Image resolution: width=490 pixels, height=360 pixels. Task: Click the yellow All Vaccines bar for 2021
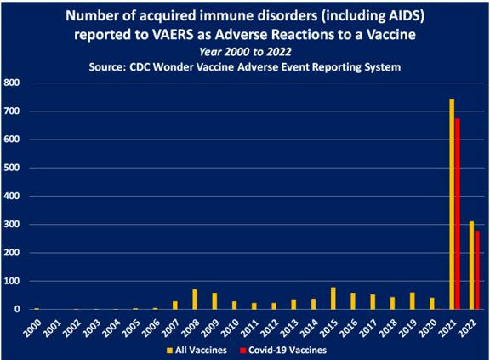click(x=452, y=204)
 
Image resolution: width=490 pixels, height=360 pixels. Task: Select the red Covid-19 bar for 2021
click(x=458, y=214)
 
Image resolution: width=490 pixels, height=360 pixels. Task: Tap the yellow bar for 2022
click(x=471, y=266)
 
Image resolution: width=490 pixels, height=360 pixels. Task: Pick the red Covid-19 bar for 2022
click(x=477, y=271)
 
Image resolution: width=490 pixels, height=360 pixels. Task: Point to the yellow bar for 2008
click(x=195, y=300)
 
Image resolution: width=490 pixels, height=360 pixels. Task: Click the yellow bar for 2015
click(x=333, y=299)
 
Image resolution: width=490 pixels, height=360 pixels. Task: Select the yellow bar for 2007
click(x=175, y=306)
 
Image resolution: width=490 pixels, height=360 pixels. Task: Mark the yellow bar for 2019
click(x=413, y=301)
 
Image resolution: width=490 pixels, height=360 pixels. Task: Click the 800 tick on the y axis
click(x=12, y=83)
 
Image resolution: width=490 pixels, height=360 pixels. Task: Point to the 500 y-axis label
click(x=12, y=168)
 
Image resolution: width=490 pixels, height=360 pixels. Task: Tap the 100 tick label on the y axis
click(x=12, y=281)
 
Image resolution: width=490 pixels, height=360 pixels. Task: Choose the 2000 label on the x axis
click(x=32, y=329)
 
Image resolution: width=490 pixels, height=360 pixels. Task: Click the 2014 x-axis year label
click(x=310, y=329)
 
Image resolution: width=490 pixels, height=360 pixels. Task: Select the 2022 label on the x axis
click(x=468, y=329)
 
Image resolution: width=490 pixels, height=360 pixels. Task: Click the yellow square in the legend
click(x=169, y=351)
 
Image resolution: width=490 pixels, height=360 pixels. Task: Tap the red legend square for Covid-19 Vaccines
click(x=243, y=351)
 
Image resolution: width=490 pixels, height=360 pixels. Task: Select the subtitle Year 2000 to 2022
click(x=245, y=52)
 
